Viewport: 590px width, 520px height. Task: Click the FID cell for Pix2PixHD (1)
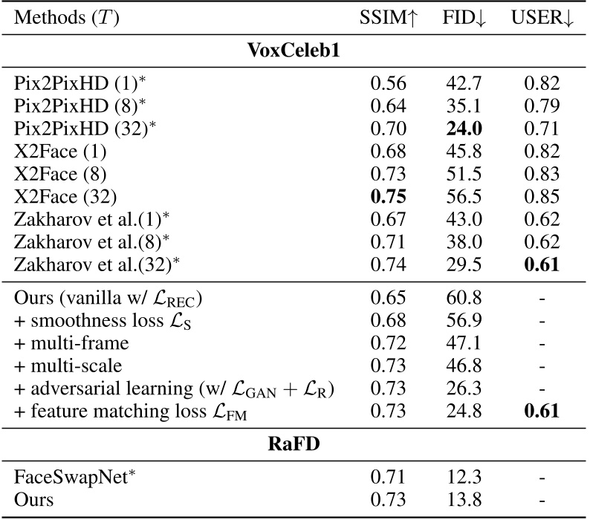(x=464, y=82)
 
